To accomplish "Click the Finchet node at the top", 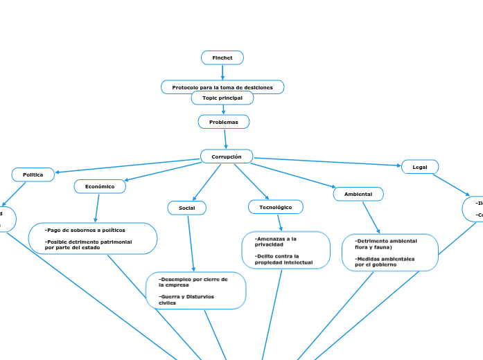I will (222, 57).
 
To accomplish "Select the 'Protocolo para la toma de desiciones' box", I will (222, 87).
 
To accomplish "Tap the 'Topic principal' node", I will (222, 98).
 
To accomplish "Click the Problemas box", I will (223, 122).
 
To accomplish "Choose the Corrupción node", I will (226, 156).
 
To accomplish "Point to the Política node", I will (33, 174).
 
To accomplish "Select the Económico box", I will (100, 186).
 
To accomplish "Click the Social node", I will (186, 208).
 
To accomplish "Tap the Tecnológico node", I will (275, 207).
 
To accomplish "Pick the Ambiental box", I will (358, 194).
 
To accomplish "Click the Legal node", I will (419, 167).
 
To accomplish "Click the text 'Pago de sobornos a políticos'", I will (85, 230).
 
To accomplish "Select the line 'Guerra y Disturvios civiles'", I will (186, 299).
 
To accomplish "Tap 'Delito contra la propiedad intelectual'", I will (283, 259).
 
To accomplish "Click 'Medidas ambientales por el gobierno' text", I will (385, 261).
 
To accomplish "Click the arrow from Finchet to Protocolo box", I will (222, 72).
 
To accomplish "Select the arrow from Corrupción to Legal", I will (326, 161).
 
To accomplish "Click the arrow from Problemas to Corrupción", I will (225, 138).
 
